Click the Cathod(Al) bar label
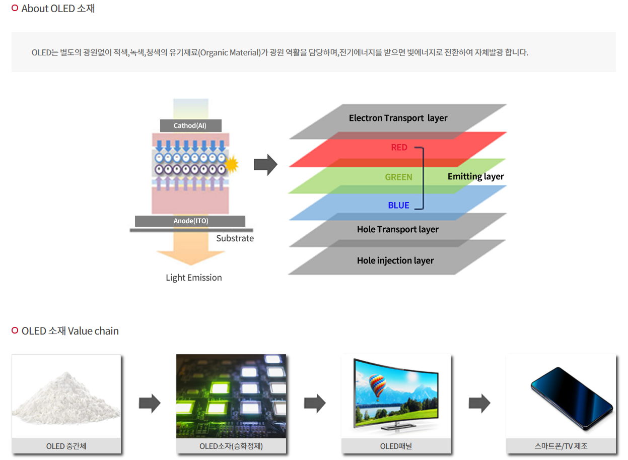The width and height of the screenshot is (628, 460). point(190,125)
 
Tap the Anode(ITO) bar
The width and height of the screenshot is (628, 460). point(190,221)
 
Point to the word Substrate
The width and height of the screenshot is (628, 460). point(235,238)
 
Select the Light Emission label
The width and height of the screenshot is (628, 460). point(194,278)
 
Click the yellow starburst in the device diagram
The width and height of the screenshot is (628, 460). point(231,163)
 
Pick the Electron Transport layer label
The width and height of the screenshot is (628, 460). point(398,118)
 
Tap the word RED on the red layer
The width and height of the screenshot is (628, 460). point(399,148)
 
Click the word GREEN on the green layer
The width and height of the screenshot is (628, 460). point(398,177)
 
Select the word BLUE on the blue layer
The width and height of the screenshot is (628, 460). point(398,206)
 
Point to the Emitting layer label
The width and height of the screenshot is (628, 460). point(475,176)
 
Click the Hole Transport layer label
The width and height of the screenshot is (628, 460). point(397,229)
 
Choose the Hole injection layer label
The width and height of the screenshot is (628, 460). point(395,260)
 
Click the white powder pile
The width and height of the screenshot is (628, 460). point(65,398)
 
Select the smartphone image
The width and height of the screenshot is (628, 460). point(571,398)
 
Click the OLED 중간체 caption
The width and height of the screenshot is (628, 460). point(66,446)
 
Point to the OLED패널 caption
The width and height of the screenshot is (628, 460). point(396,446)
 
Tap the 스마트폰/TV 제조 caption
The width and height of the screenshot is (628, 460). point(561,446)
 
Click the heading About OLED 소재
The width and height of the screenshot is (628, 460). point(58,9)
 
